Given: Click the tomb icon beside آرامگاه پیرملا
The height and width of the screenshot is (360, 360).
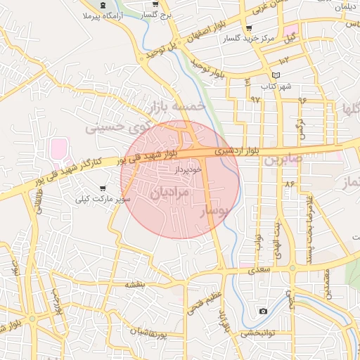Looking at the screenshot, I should pyautogui.click(x=103, y=6).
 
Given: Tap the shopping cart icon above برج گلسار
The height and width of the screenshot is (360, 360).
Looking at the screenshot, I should pyautogui.click(x=155, y=5).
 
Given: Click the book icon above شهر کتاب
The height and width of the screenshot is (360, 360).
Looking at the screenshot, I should pyautogui.click(x=276, y=76).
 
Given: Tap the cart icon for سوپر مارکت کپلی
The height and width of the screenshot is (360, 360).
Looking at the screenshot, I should pyautogui.click(x=103, y=188).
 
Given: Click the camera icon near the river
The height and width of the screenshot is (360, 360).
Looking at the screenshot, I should pyautogui.click(x=263, y=311).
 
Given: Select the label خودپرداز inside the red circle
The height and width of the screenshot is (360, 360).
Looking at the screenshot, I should pyautogui.click(x=188, y=169).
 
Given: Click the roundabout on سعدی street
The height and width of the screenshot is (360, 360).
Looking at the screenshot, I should pyautogui.click(x=292, y=268).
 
